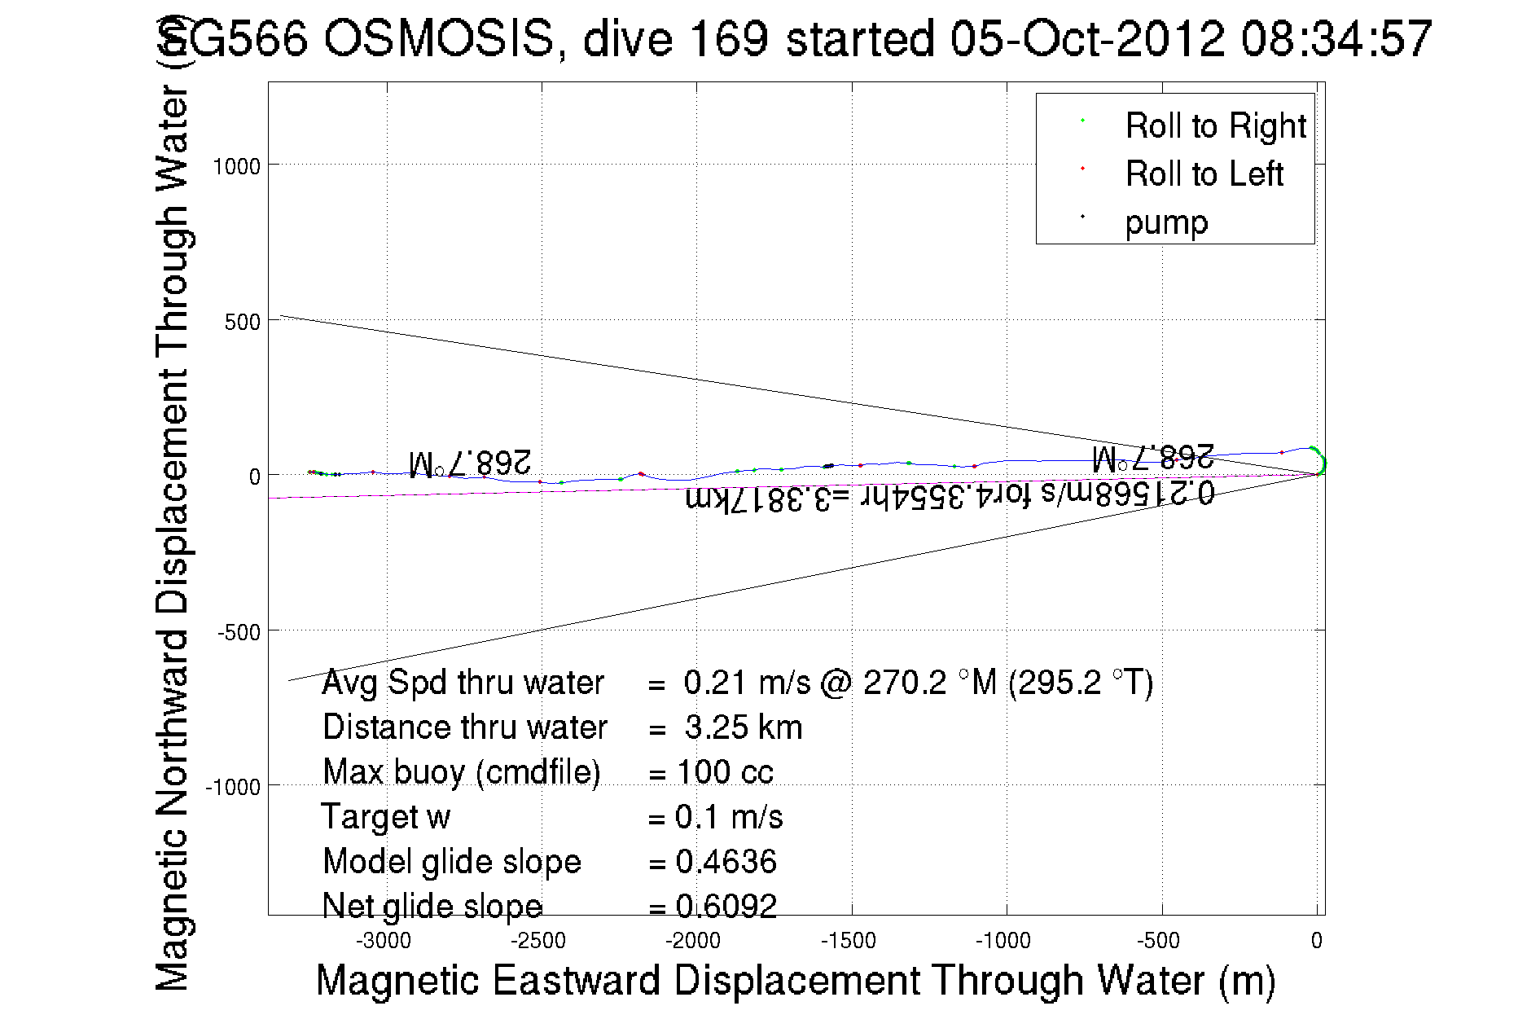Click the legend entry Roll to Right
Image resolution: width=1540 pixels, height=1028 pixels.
[x=1215, y=126]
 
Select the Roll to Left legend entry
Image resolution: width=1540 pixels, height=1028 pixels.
[x=1204, y=174]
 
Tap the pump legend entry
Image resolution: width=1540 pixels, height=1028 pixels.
[x=1166, y=222]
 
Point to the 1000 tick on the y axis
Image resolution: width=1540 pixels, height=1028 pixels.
[x=236, y=167]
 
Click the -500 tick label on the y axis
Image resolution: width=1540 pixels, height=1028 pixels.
[x=239, y=632]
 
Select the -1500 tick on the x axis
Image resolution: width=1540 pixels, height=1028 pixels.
[x=849, y=941]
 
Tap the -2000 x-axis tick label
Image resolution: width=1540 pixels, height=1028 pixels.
[x=693, y=941]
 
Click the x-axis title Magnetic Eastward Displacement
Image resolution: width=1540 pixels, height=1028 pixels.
[x=795, y=980]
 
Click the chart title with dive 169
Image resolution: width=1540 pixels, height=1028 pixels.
[x=794, y=38]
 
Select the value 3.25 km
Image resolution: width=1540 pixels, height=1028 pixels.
[x=744, y=727]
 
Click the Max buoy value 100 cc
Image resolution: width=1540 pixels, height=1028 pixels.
[x=725, y=772]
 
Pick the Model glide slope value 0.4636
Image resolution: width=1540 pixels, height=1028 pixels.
[x=726, y=862]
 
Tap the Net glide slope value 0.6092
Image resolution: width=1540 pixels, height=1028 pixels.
[x=726, y=906]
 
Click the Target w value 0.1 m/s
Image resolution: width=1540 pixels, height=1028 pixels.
[x=729, y=817]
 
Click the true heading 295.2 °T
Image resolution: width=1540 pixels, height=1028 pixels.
[x=1080, y=683]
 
